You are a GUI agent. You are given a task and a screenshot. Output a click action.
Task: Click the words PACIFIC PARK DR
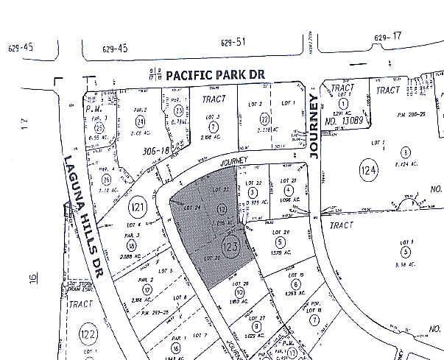pos(214,74)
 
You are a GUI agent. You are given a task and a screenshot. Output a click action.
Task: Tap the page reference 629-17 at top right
pos(387,37)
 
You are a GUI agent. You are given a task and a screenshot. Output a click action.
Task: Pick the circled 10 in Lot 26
pos(240,293)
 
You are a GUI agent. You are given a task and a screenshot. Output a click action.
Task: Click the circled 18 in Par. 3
pos(131,245)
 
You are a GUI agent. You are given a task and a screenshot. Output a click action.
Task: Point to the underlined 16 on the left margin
pos(32,278)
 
